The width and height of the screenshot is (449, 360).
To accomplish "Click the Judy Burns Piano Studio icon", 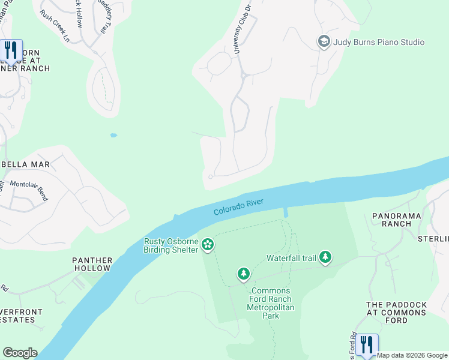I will pos(324,42).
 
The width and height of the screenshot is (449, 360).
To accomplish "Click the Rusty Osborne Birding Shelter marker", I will pos(208,244).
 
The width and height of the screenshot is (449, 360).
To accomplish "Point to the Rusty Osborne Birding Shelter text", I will pos(170,245).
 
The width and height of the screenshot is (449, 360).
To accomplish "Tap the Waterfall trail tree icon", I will pos(325,257).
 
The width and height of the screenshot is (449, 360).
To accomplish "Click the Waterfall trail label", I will pos(291,259).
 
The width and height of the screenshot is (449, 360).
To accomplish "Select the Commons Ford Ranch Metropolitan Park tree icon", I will pos(243,274).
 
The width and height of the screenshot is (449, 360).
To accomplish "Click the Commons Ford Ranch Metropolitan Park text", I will pos(270,303).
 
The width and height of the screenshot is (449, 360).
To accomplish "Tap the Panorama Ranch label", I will pos(396,220).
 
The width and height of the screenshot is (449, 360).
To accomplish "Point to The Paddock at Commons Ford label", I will pos(396,313).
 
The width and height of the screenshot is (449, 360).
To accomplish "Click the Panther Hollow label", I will pos(92,265).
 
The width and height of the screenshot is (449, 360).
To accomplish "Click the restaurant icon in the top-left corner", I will pos(11,50).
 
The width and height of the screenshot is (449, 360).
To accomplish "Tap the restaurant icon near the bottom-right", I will pos(366,344).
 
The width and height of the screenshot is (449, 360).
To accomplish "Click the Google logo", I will pos(20,353).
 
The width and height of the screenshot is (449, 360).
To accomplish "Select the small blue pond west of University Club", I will pos(113,136).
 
